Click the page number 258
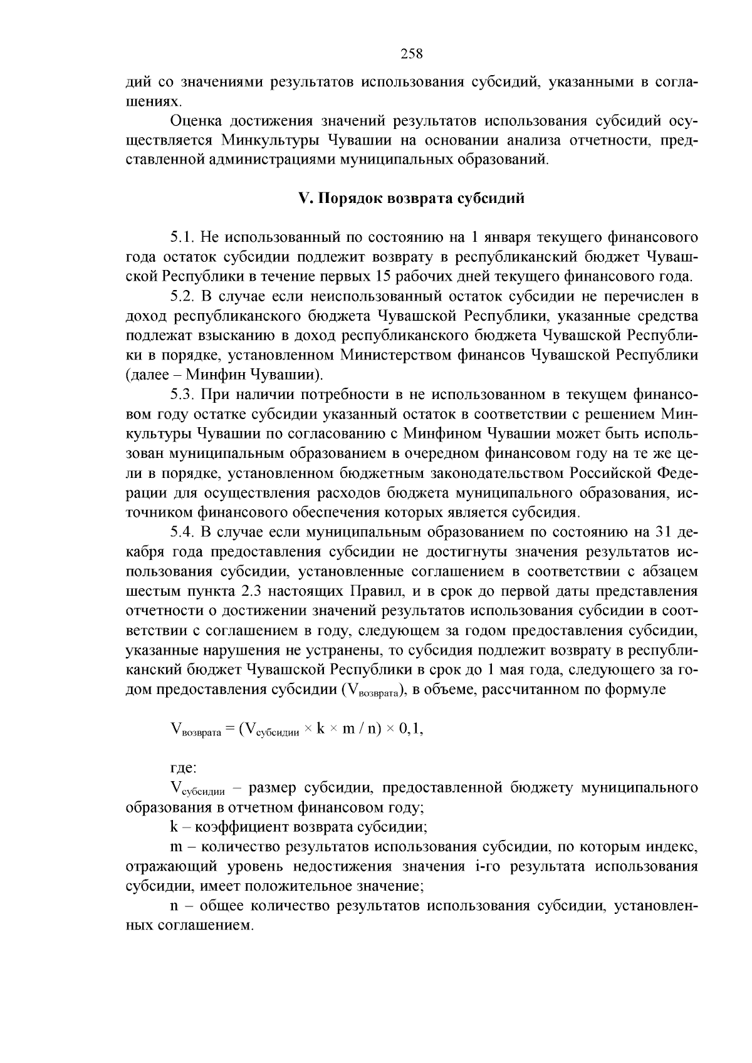pos(412,54)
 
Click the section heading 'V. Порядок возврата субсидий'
pos(410,199)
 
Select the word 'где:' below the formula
pos(184,767)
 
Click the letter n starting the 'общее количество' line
pos(174,906)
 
